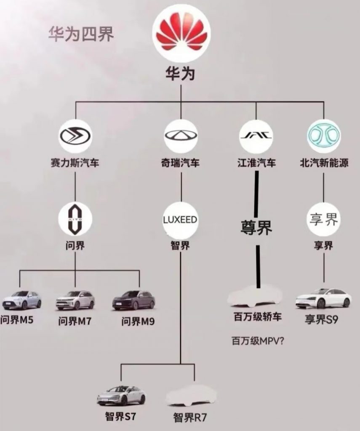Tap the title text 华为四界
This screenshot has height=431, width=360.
point(81,35)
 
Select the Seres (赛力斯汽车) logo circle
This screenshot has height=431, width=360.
point(75,136)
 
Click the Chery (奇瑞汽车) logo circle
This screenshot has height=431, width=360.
point(181,136)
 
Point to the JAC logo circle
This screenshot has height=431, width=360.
point(256,136)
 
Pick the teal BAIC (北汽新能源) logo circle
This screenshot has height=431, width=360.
point(324,136)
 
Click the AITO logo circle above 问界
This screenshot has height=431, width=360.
point(75,219)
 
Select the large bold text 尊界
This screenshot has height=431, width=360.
point(256,227)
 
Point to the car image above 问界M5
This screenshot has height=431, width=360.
point(21,300)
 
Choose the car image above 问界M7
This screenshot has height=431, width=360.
point(75,300)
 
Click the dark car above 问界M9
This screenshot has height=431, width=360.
point(133,300)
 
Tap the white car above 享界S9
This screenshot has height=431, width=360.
point(323,298)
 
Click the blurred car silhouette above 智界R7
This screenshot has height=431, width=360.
point(192,396)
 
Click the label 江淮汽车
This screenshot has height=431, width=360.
point(256,163)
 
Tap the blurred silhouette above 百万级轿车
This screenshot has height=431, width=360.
point(255,296)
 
